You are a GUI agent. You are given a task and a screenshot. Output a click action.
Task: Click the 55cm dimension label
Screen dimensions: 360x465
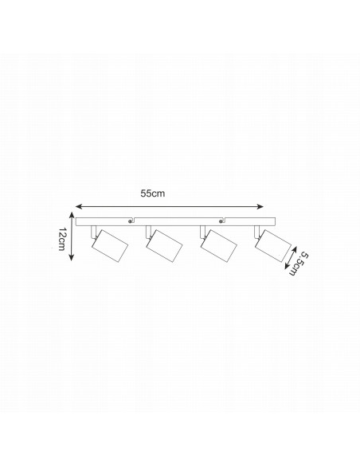point(152,193)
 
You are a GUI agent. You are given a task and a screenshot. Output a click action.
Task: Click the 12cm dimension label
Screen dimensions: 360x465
point(61,239)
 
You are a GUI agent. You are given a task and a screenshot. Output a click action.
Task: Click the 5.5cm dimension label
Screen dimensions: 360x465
point(297,264)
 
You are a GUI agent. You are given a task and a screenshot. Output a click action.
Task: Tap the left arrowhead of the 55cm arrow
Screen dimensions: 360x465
point(79,206)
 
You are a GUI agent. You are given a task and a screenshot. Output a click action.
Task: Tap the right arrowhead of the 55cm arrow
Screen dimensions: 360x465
point(260,206)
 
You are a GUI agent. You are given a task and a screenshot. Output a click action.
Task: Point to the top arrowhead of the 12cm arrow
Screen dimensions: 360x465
point(71,215)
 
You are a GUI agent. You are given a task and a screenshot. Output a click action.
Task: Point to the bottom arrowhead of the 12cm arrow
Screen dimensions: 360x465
point(71,258)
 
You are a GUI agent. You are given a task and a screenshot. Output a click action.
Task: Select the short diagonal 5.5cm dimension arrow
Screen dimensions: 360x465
point(291,258)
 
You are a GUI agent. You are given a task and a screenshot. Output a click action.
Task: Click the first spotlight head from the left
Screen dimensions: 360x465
point(110,246)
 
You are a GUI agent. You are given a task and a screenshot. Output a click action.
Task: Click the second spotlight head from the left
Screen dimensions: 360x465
point(164,246)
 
